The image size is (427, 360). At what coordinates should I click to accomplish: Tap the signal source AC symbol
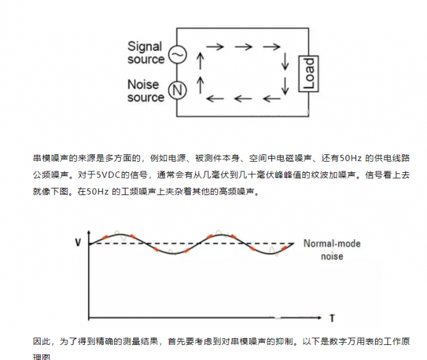point(176,55)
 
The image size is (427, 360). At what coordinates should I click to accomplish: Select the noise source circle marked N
point(176,91)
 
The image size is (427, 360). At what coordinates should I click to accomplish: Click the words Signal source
point(146,53)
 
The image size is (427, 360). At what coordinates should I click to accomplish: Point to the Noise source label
point(146,91)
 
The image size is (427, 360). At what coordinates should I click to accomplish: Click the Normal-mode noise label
point(331,250)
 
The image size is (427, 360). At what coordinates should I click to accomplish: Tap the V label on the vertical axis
point(78,243)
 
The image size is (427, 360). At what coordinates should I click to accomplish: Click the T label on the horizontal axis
point(332,319)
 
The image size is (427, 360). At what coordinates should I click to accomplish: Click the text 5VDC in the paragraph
point(105,175)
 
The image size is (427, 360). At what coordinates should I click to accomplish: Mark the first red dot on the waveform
point(102,237)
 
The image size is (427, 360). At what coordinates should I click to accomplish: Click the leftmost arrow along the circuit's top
point(214,47)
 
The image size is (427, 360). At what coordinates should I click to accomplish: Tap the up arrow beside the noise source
point(200,83)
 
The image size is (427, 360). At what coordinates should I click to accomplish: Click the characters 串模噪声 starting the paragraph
point(51,159)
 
